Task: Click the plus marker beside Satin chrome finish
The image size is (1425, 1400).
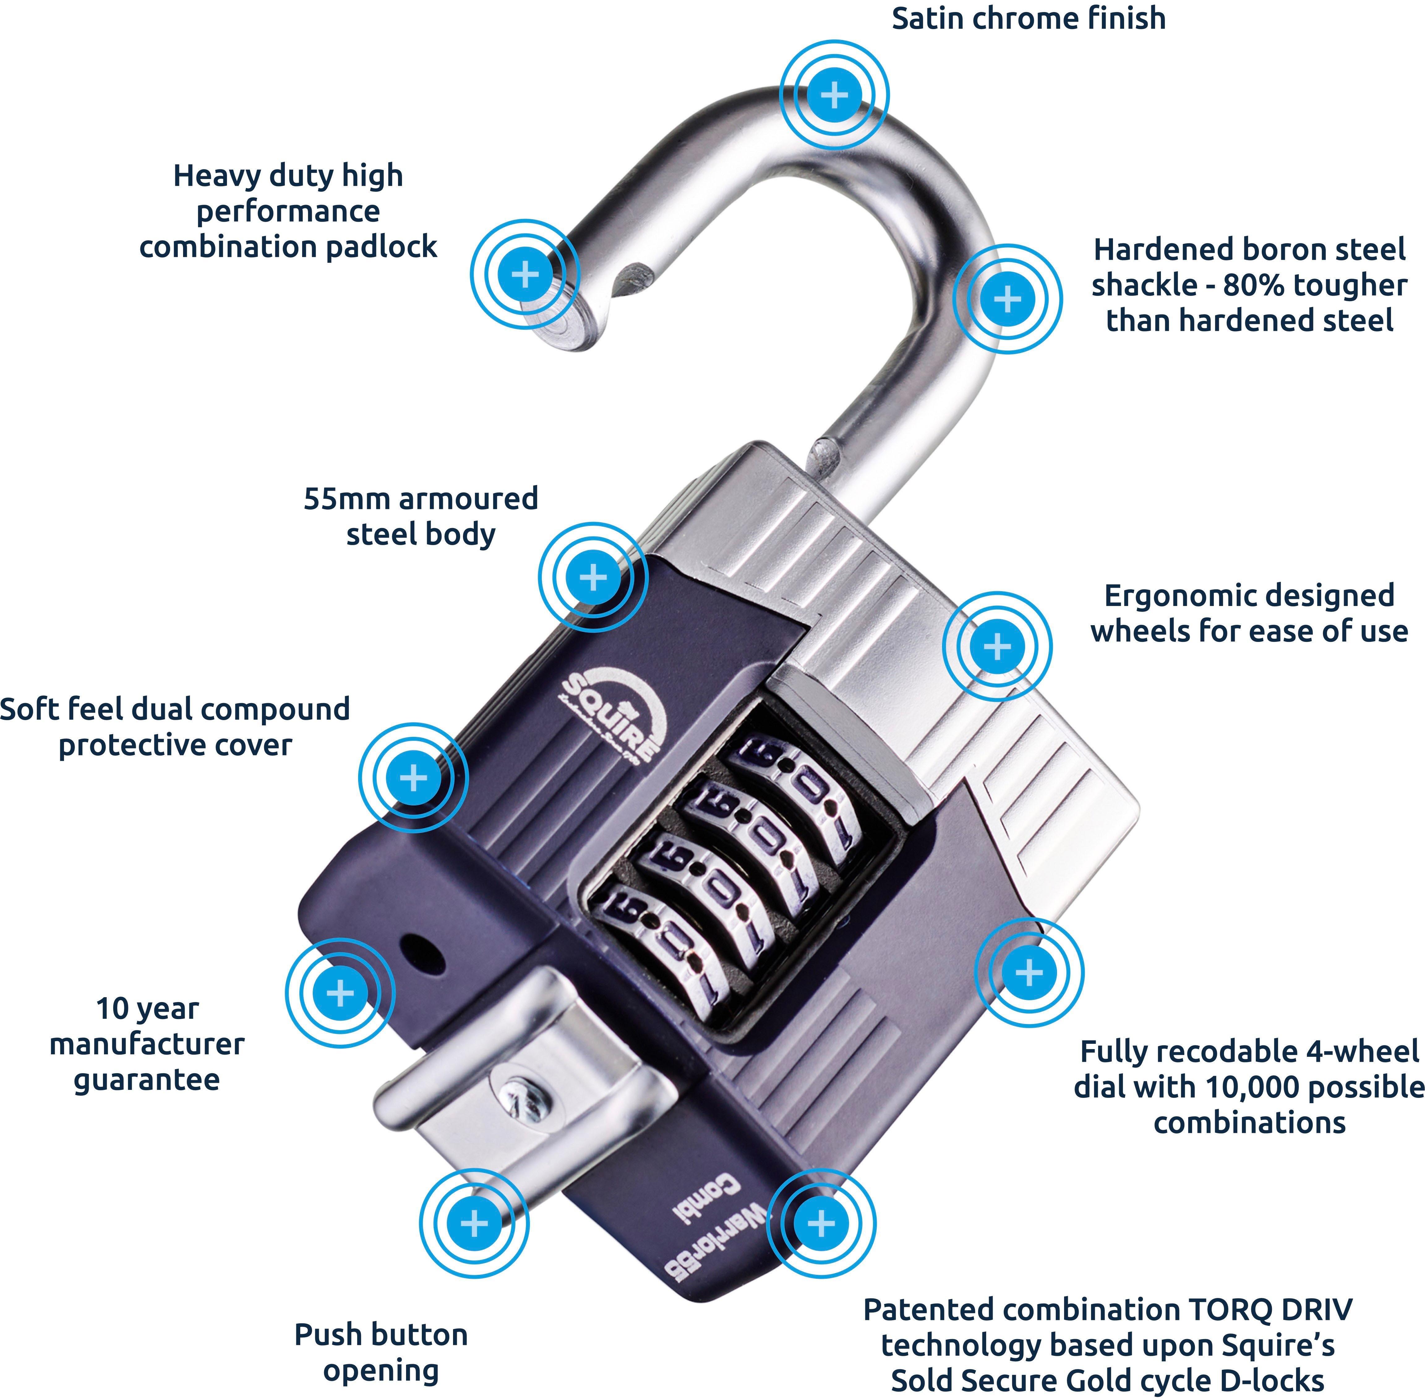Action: pos(834,95)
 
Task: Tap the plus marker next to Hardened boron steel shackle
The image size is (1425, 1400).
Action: pos(1007,299)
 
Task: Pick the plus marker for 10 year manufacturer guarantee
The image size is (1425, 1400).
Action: pos(340,993)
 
